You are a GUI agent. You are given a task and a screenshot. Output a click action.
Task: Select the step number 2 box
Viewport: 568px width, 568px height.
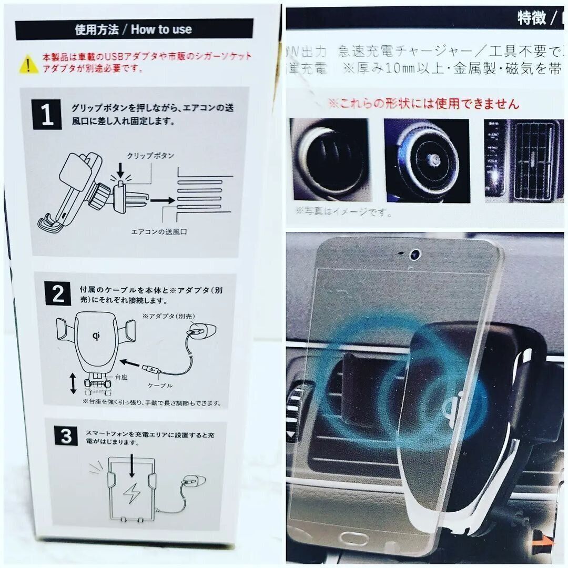(x=58, y=294)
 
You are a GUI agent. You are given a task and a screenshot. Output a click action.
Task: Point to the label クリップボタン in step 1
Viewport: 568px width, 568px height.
(x=150, y=156)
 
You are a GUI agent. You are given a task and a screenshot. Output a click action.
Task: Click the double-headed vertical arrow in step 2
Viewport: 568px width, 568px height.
(x=73, y=383)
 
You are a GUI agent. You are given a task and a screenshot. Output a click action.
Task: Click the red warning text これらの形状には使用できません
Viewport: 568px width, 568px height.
(x=423, y=103)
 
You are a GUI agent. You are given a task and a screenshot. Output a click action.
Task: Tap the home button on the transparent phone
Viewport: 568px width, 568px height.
(x=354, y=539)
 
